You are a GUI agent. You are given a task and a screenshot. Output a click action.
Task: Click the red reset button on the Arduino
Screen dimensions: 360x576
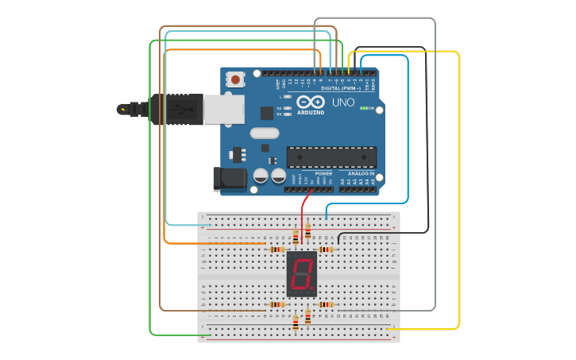(236, 79)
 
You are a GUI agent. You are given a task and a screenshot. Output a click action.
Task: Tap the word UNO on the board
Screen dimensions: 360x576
(343, 103)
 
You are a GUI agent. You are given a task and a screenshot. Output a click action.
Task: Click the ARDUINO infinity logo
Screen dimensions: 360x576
(310, 103)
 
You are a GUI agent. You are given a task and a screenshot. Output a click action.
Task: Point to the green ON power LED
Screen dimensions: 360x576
(364, 108)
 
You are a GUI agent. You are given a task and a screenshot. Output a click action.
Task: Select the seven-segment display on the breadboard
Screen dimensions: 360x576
(302, 274)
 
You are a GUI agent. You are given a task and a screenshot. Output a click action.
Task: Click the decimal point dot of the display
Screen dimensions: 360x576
(313, 287)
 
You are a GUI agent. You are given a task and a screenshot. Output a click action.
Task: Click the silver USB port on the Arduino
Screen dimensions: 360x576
(223, 110)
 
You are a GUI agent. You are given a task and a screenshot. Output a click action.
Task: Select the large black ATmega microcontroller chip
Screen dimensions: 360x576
(331, 157)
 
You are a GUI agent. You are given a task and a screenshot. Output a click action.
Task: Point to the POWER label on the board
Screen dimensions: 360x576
(323, 172)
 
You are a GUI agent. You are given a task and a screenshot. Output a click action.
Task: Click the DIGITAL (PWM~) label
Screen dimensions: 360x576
(340, 87)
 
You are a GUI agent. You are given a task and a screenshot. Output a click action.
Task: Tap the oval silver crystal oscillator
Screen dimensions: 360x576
(265, 134)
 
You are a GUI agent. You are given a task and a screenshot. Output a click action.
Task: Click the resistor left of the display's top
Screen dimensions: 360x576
(276, 250)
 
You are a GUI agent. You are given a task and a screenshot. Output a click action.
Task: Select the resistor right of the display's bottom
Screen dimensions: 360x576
(326, 304)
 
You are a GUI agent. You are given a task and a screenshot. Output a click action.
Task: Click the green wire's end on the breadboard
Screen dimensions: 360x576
(208, 335)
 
